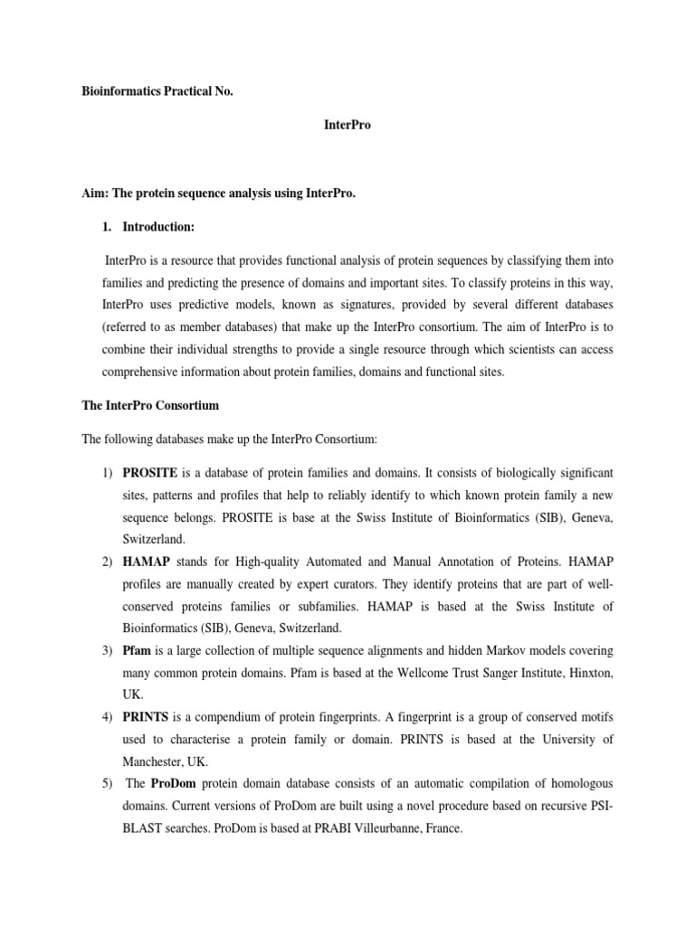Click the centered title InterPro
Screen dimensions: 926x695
pyautogui.click(x=347, y=126)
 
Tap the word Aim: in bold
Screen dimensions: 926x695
pyautogui.click(x=96, y=194)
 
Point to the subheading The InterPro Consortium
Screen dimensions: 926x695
pyautogui.click(x=150, y=405)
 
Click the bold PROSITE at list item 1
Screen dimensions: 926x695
pyautogui.click(x=150, y=473)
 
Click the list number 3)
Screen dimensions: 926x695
pyautogui.click(x=105, y=650)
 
